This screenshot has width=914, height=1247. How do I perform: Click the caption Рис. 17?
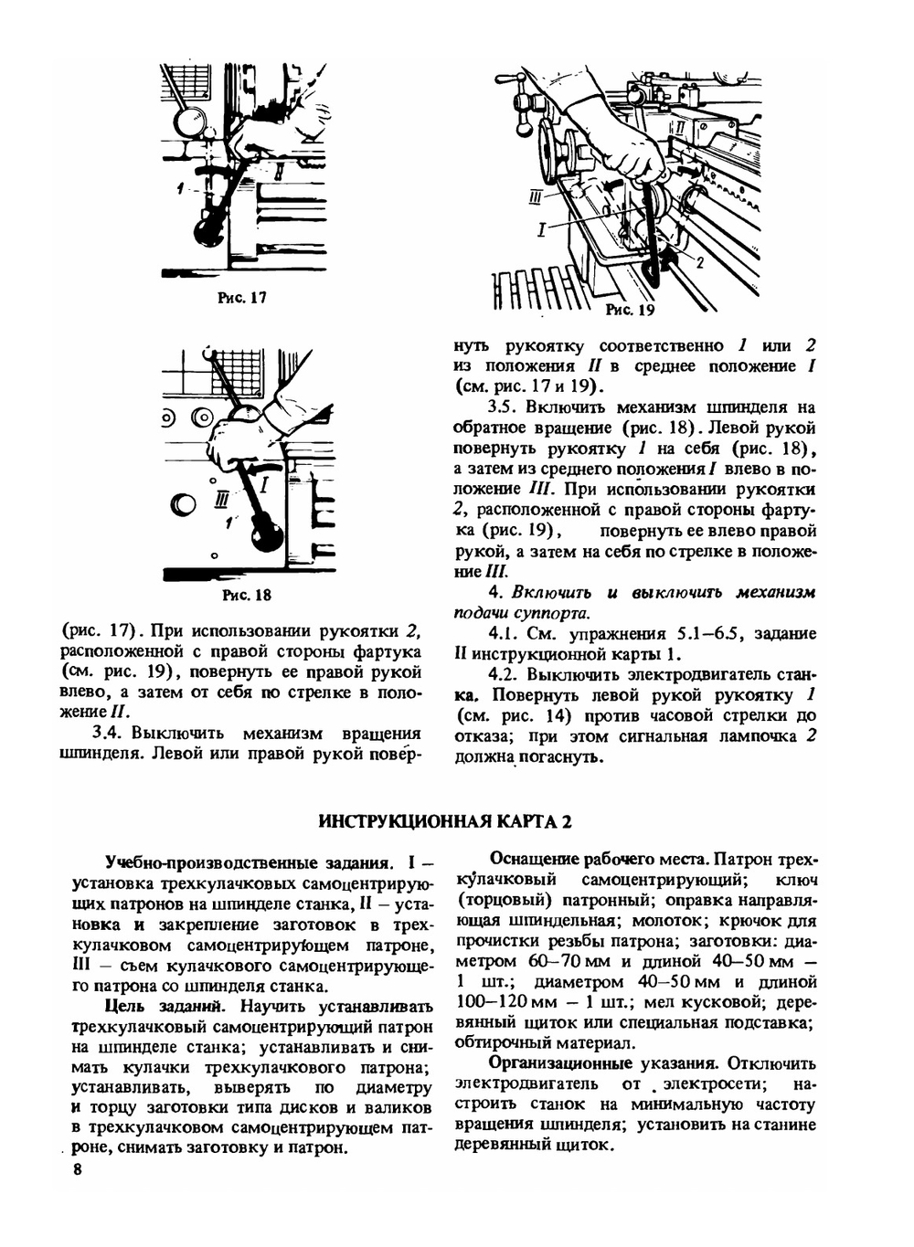242,298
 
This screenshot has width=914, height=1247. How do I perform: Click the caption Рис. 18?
247,596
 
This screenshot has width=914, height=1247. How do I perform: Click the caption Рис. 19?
631,311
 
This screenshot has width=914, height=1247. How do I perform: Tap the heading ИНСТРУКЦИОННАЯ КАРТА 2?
445,821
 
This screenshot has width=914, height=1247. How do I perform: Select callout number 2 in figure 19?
699,263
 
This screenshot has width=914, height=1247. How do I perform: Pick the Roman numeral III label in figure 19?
537,197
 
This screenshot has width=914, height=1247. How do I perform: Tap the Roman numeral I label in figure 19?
541,230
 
